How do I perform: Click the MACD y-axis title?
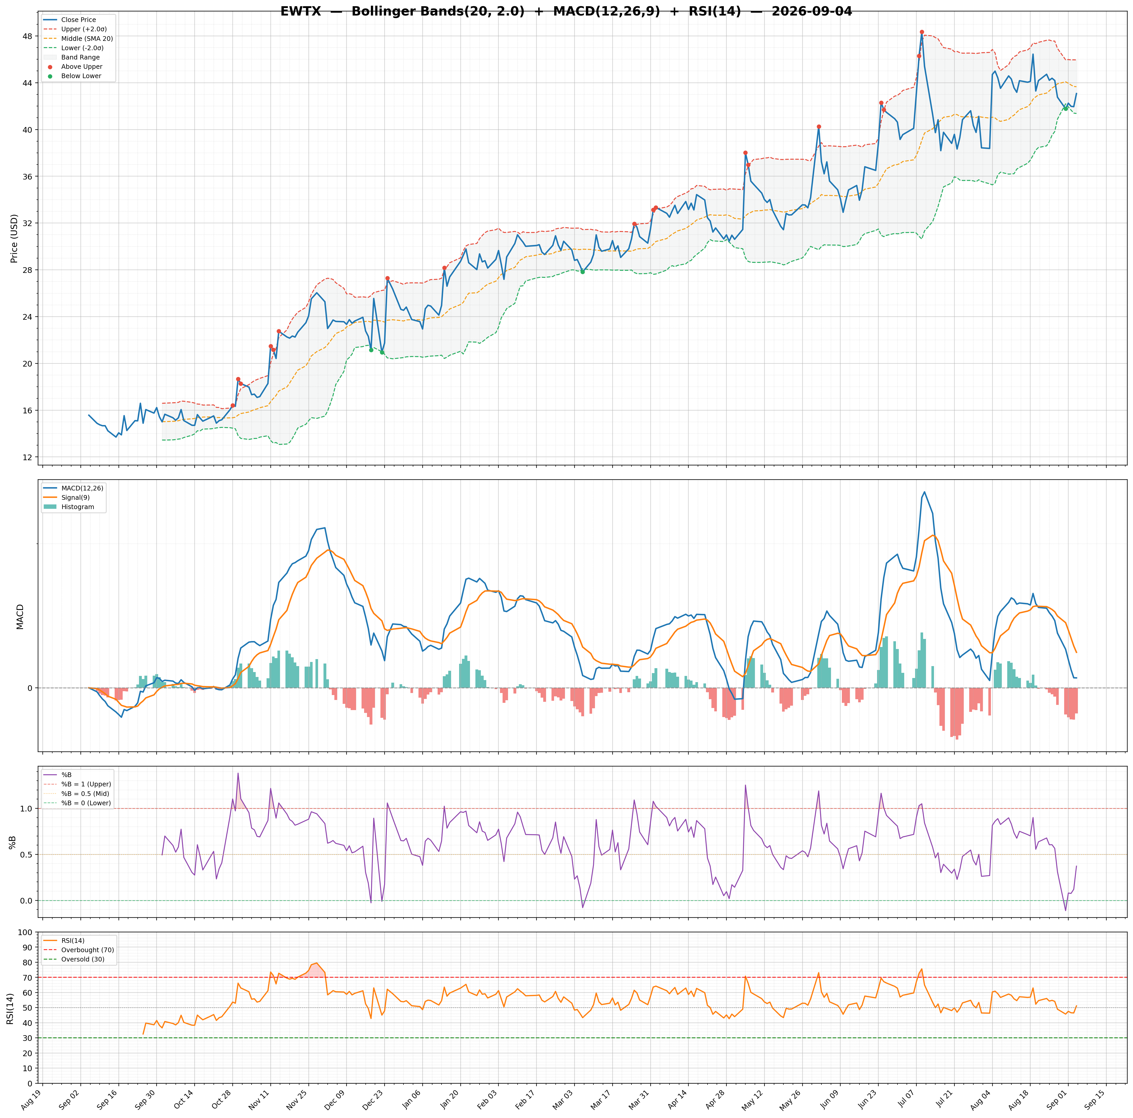point(20,617)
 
